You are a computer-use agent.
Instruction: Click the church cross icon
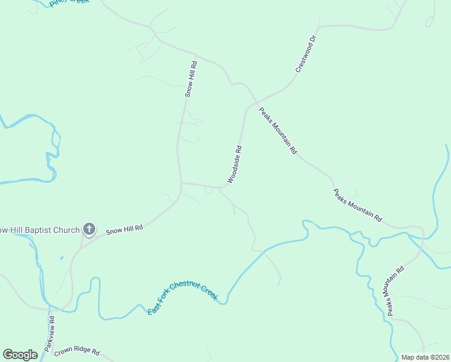tap(89, 229)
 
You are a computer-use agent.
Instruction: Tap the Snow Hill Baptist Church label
tap(40, 230)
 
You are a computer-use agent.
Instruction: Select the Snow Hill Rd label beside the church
tap(124, 229)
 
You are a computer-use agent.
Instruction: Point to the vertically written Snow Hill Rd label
tap(191, 79)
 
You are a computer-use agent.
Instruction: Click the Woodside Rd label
tap(235, 164)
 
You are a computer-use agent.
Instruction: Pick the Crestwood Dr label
tap(306, 55)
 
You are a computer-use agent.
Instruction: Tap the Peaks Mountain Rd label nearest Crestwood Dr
tap(278, 131)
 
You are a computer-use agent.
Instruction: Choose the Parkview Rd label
tap(49, 334)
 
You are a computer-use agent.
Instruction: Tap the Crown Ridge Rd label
tap(76, 351)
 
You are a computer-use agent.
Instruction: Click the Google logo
tap(20, 355)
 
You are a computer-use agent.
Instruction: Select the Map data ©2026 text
tap(425, 357)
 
